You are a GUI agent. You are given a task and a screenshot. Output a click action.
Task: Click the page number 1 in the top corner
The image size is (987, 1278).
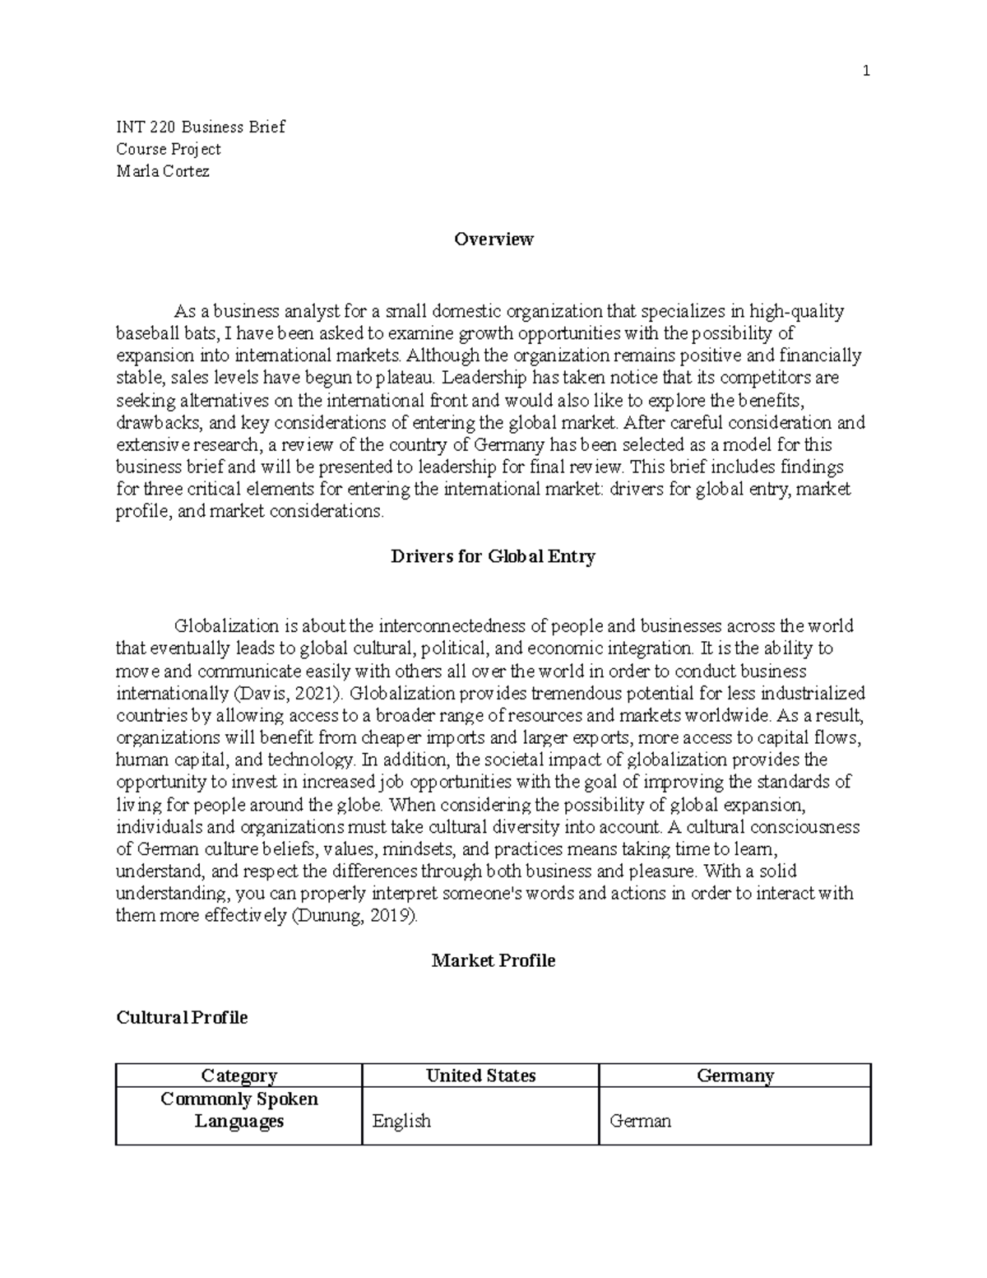coord(865,72)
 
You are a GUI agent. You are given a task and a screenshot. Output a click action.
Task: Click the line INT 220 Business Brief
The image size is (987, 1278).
coord(201,127)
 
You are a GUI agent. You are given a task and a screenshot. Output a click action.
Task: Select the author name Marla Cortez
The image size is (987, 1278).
coord(163,171)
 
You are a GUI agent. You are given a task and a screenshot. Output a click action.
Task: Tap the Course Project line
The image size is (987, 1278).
coord(169,149)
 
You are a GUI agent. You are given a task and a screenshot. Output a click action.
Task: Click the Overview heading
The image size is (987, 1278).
coord(493,239)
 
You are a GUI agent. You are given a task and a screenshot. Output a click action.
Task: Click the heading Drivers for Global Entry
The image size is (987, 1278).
coord(493,556)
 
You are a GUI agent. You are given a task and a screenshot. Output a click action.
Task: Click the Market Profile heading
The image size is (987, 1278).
coord(493,960)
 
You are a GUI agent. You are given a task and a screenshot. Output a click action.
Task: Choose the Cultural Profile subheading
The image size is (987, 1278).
coord(182,1018)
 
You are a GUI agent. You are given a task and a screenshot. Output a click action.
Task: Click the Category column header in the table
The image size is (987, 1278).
coord(239,1076)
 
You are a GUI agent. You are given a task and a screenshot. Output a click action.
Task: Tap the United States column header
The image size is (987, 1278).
coord(480,1076)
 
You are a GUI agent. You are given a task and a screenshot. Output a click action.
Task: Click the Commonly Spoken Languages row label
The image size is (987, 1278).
coord(239,1110)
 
